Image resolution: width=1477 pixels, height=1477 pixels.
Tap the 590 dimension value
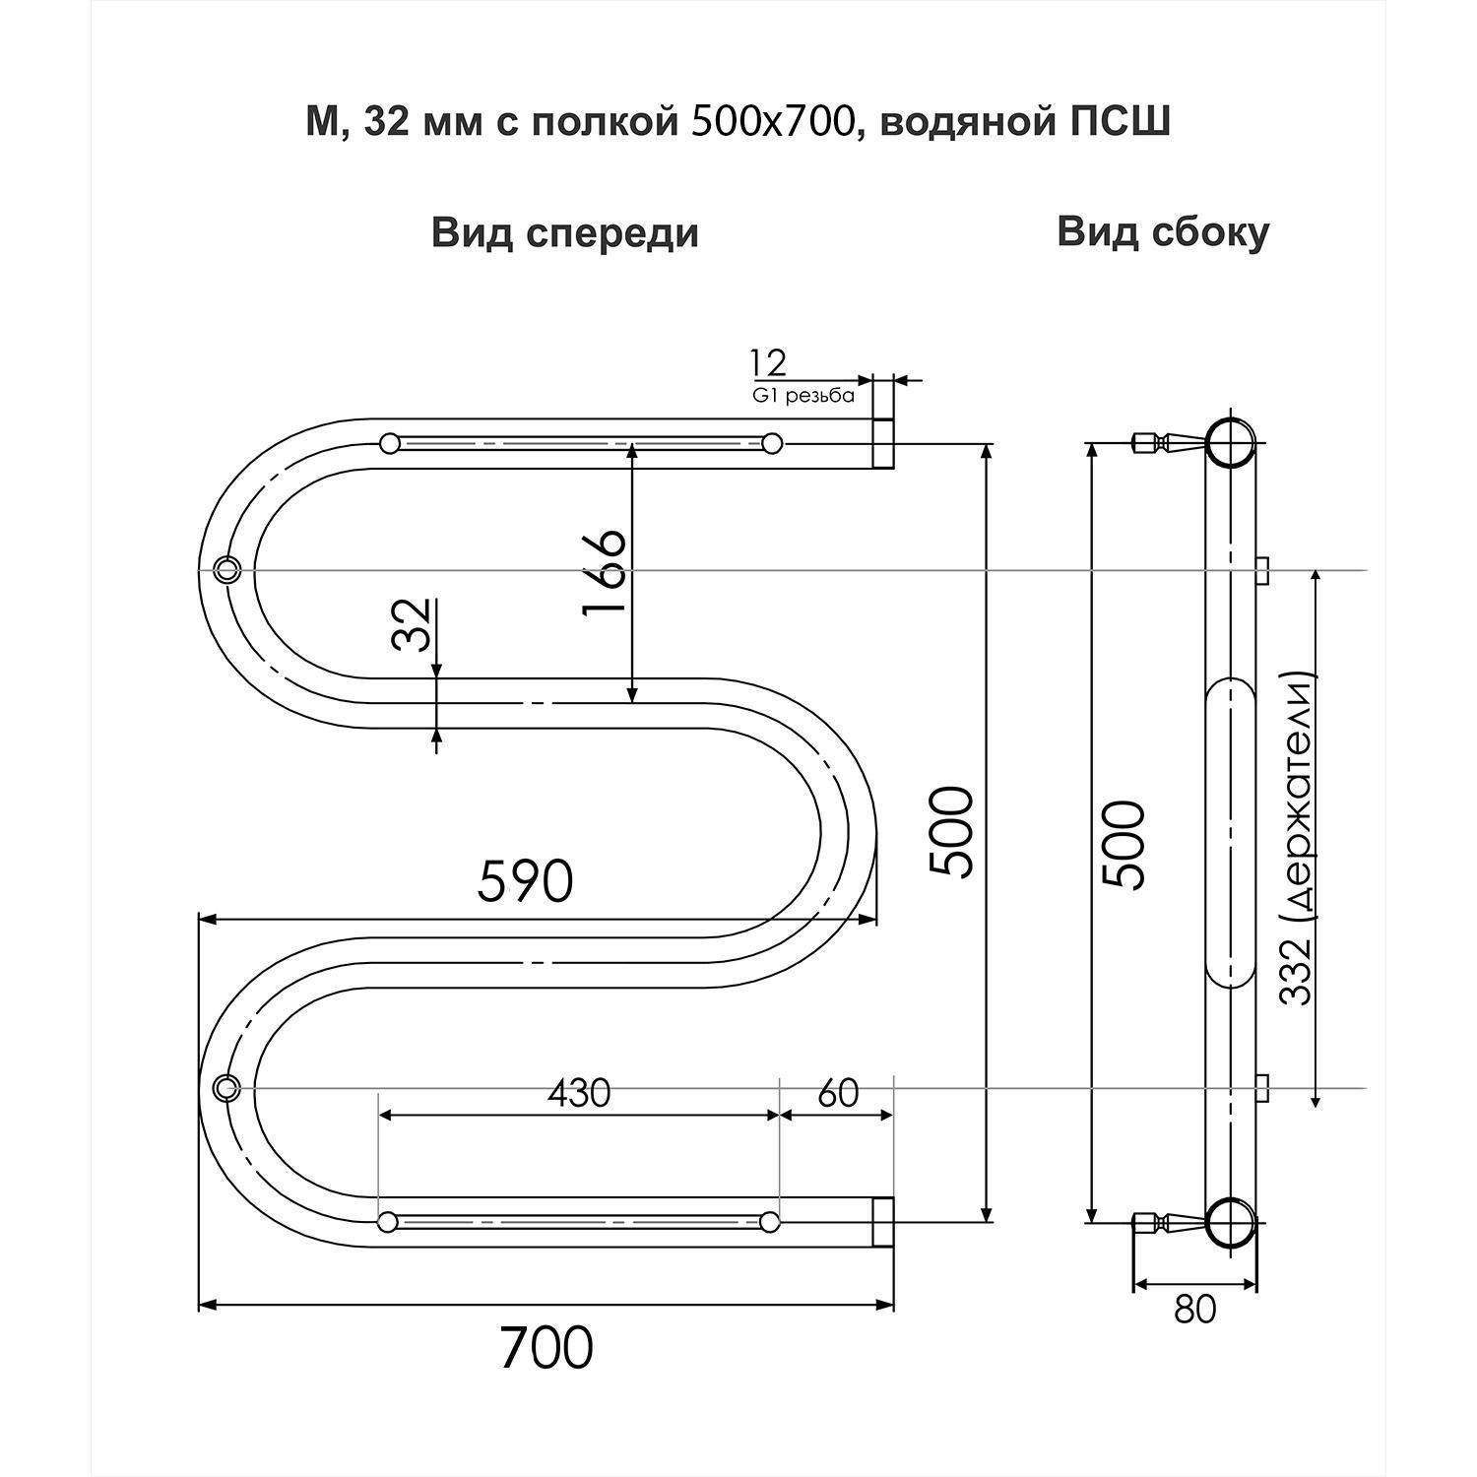(525, 881)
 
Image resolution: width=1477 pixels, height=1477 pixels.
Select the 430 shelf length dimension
(579, 1093)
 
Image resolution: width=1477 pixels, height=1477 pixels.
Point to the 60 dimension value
(838, 1093)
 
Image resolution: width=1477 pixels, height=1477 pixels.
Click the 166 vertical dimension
(604, 573)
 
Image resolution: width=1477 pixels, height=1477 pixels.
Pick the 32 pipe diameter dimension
(413, 624)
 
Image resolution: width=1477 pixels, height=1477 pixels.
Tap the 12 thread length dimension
(768, 363)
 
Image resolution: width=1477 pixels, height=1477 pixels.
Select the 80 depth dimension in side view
(1195, 1309)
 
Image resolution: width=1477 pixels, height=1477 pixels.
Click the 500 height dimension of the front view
(951, 832)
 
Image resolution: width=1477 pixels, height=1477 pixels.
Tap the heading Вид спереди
(565, 234)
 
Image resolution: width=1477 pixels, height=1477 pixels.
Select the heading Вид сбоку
(1163, 232)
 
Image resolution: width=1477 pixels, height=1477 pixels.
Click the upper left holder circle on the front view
(227, 569)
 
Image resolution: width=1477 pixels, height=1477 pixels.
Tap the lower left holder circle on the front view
(227, 1087)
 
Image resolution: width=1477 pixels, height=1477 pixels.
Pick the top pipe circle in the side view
(1231, 443)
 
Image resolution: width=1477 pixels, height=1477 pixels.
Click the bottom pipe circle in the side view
(1231, 1222)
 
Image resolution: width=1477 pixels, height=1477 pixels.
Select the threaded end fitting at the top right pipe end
(883, 443)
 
